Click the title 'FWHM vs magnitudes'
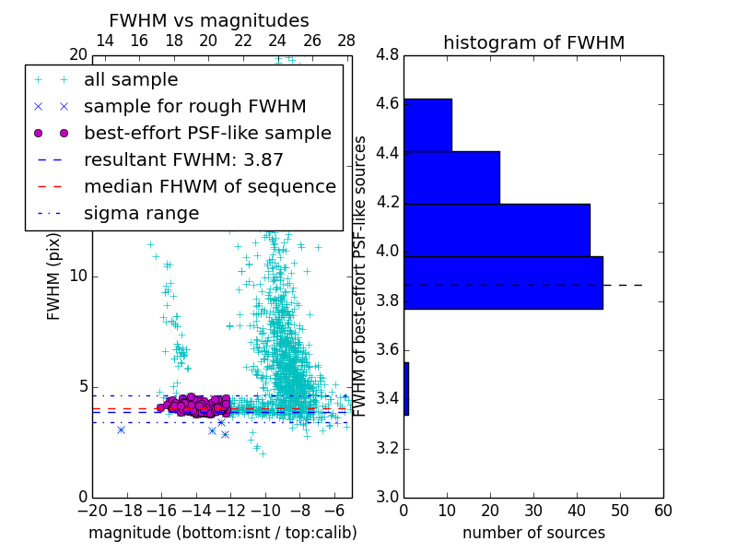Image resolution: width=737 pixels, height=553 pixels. (x=209, y=20)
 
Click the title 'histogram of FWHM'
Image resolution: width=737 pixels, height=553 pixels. (x=533, y=42)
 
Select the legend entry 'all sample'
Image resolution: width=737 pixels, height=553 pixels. (x=131, y=80)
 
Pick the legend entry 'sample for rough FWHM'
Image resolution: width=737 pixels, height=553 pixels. (x=194, y=106)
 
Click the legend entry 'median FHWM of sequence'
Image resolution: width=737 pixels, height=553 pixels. (x=209, y=186)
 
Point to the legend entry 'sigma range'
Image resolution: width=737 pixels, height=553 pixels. (x=141, y=213)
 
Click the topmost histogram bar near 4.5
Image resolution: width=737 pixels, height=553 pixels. (x=427, y=124)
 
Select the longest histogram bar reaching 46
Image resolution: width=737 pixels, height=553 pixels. (x=503, y=282)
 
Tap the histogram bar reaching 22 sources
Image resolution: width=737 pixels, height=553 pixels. (x=451, y=177)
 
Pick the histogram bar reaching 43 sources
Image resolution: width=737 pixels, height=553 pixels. (x=497, y=229)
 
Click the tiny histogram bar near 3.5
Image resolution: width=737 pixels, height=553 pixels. (x=406, y=388)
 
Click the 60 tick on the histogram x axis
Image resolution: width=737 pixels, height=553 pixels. (x=662, y=511)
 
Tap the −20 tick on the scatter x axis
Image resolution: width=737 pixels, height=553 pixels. (x=92, y=511)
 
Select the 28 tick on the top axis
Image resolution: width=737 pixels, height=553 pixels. (x=346, y=41)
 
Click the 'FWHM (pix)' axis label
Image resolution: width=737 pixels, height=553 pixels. (x=54, y=276)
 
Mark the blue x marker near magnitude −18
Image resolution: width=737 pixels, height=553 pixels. (x=121, y=429)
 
